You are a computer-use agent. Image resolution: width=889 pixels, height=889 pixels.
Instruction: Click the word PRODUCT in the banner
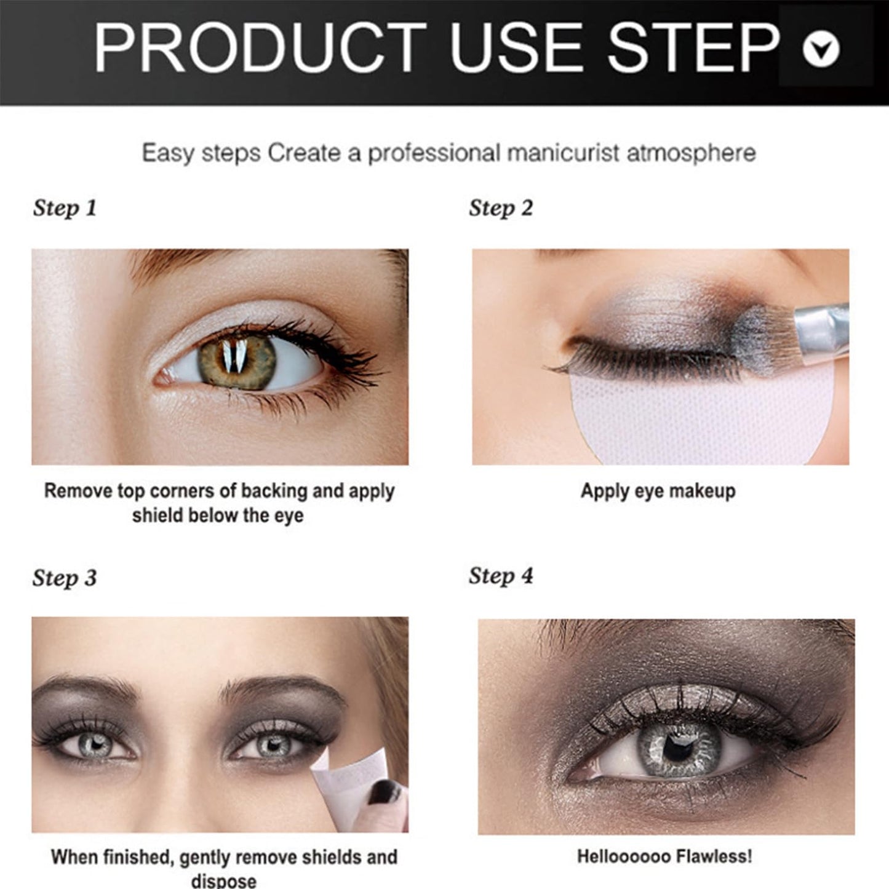tap(260, 48)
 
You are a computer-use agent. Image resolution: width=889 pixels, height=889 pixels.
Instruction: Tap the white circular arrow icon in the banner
tap(821, 49)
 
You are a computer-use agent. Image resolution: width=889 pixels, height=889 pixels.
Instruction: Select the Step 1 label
tap(65, 209)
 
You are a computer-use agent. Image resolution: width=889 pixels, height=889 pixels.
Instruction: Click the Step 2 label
tap(501, 209)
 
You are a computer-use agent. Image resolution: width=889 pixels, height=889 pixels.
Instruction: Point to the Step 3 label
tap(65, 578)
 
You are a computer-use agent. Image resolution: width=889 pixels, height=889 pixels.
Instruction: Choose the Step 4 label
tap(501, 576)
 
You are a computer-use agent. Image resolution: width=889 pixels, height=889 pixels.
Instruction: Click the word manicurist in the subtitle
tap(563, 153)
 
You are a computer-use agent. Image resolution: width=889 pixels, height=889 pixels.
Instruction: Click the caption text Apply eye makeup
tap(658, 491)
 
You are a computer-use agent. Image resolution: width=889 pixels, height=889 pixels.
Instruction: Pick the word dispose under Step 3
tap(224, 880)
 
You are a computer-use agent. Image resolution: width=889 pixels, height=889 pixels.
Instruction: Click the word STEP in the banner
tap(695, 48)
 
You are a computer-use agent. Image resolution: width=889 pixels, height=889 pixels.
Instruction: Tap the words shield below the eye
tap(218, 516)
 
